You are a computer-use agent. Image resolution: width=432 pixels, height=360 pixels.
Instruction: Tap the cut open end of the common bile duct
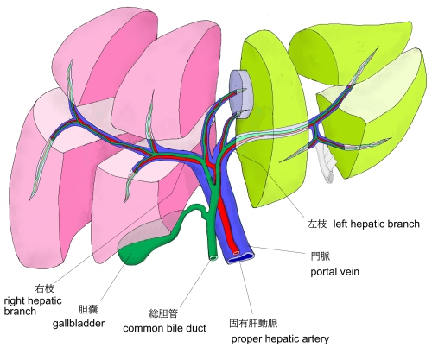tap(213, 257)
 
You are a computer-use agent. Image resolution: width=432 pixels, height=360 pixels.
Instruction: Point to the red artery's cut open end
tap(236, 253)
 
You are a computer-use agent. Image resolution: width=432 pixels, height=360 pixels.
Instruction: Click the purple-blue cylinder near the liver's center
tap(241, 94)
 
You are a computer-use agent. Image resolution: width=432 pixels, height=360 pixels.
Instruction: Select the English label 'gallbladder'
tap(79, 323)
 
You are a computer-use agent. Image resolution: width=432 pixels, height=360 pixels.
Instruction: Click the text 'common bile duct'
tap(164, 328)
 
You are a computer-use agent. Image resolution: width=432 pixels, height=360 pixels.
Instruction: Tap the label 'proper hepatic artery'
tap(280, 338)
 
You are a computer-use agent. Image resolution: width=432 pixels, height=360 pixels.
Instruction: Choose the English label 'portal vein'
tap(334, 271)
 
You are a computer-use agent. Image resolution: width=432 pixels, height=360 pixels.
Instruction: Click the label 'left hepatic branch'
tap(376, 224)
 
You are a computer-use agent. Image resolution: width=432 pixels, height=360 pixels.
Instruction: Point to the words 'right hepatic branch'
tap(33, 306)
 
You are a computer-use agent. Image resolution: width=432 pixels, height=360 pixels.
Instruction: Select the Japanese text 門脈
tap(321, 256)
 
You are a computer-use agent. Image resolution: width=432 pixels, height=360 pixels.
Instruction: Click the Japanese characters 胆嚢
tap(88, 309)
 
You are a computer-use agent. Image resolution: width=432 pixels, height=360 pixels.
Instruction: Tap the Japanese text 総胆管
tap(163, 313)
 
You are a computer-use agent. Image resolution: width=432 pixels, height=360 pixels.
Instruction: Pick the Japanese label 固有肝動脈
tap(253, 323)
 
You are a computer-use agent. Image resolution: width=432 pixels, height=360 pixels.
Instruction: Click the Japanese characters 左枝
tap(317, 224)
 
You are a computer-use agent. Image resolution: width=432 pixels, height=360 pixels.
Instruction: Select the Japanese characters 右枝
tap(44, 288)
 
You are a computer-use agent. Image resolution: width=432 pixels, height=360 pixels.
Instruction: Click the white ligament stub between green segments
tap(326, 162)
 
